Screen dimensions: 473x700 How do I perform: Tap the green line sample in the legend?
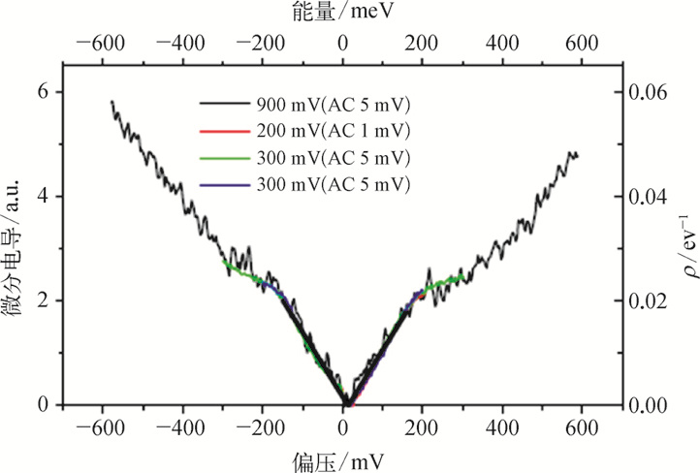pos(224,157)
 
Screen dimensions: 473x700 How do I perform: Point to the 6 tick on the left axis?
pos(43,92)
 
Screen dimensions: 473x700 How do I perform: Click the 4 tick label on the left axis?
pos(43,197)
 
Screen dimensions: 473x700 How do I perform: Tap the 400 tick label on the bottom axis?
pos(501,427)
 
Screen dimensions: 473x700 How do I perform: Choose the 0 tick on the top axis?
pos(342,43)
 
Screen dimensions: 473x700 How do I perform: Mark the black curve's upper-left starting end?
pos(111,101)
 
